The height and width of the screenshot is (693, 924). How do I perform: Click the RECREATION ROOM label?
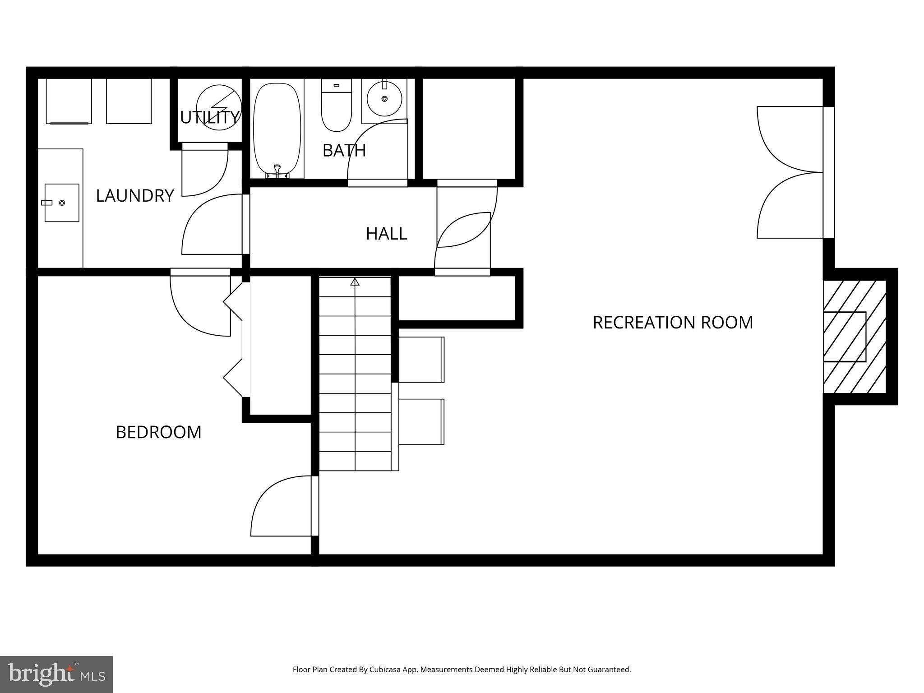[x=672, y=322]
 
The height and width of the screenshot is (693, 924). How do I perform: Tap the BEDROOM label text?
[x=158, y=432]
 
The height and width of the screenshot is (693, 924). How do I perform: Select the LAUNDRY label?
[x=135, y=195]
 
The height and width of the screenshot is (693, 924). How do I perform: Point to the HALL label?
[x=386, y=234]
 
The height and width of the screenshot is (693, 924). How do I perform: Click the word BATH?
[x=344, y=150]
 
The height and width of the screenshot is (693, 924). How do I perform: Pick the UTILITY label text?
[x=209, y=117]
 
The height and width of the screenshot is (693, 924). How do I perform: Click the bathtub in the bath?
[x=277, y=129]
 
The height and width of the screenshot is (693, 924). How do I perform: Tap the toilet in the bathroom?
[x=336, y=106]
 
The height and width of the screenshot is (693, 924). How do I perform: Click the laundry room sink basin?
[x=62, y=203]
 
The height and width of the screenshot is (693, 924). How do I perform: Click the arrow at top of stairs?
[x=355, y=282]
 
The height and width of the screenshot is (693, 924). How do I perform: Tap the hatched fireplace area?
[x=855, y=337]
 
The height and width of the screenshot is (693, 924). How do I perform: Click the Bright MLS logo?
[x=56, y=674]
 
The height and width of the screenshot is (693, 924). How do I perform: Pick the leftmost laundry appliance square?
[x=69, y=101]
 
